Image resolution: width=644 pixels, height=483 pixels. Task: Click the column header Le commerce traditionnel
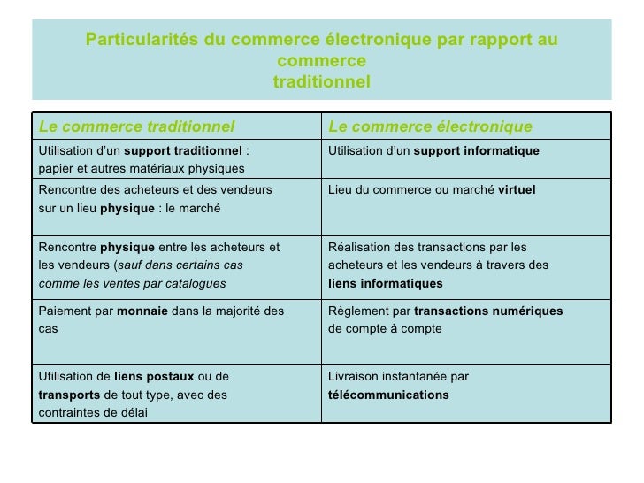tap(136, 126)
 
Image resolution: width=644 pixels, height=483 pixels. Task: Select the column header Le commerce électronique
tap(430, 126)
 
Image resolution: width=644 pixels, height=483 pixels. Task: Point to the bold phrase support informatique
tap(476, 151)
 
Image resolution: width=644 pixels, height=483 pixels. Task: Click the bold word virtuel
tap(517, 190)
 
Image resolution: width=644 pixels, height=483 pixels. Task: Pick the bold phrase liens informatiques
tap(385, 284)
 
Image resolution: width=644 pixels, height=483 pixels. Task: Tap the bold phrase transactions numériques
tap(487, 310)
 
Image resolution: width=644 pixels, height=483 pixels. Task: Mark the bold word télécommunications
tap(387, 395)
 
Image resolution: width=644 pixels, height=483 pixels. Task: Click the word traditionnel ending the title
tap(321, 81)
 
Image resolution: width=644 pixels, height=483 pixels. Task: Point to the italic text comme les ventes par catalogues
tap(132, 284)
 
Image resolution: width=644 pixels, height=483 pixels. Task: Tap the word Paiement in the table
tap(64, 310)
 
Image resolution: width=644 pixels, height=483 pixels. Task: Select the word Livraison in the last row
tap(355, 376)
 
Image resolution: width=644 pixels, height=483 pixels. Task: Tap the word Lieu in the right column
tap(340, 190)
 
